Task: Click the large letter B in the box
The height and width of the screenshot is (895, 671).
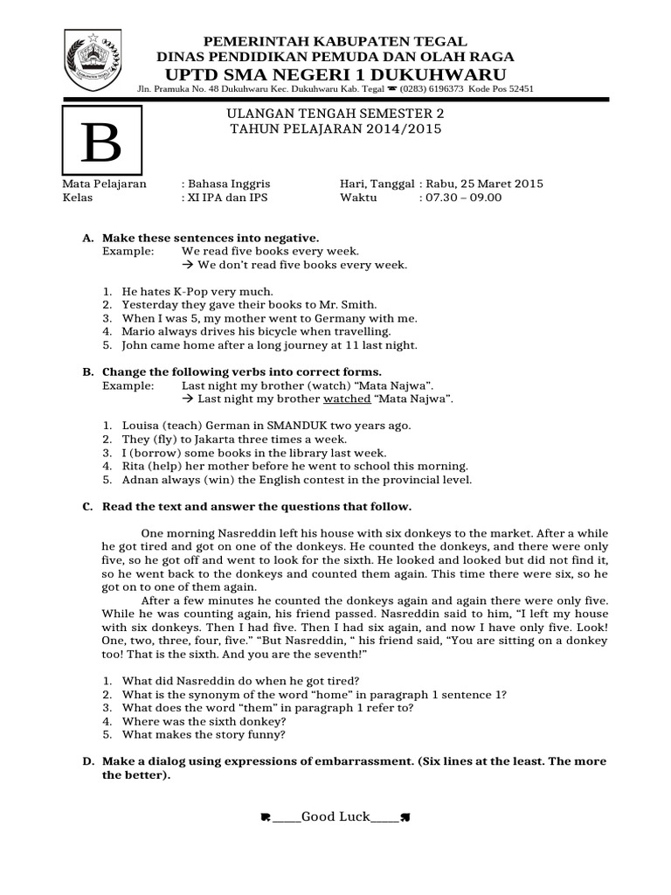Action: [102, 142]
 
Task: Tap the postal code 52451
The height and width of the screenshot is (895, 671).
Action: [517, 89]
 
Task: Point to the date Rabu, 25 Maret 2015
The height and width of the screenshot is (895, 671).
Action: [486, 184]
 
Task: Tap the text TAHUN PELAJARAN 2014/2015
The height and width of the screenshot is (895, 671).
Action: [335, 128]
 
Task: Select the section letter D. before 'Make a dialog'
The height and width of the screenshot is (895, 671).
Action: [87, 762]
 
